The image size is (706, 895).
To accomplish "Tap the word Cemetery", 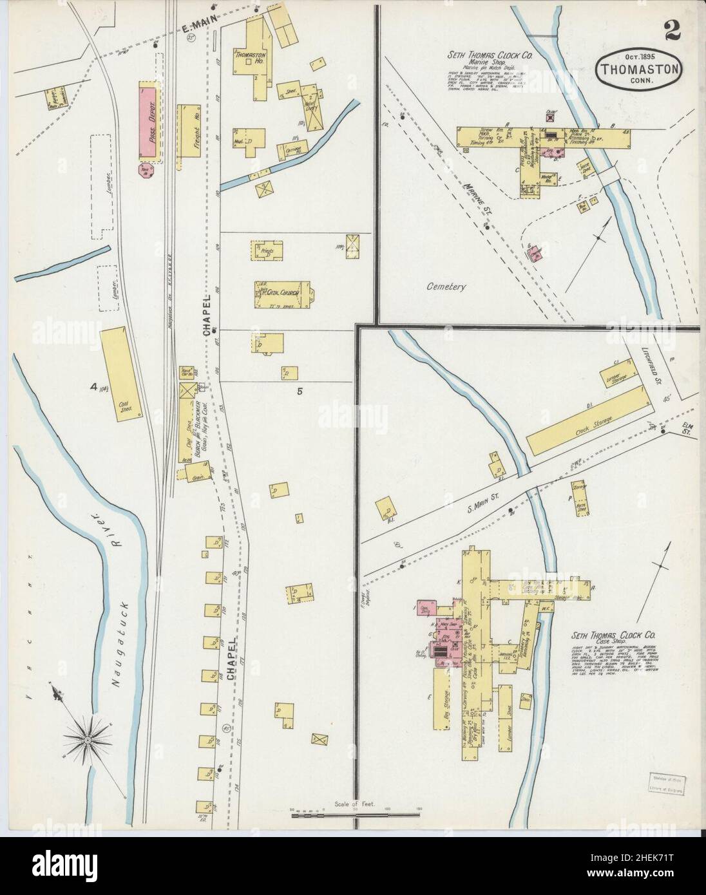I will [x=445, y=287].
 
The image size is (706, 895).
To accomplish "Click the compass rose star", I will [x=87, y=739].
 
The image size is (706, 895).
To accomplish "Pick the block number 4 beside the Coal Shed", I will [x=94, y=386].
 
